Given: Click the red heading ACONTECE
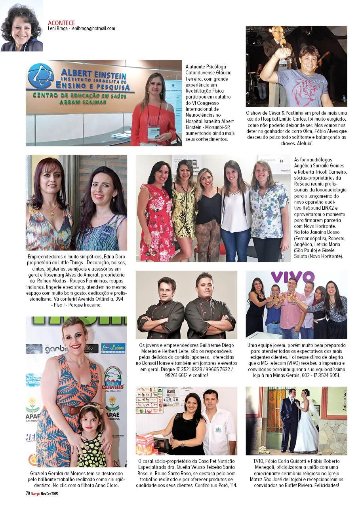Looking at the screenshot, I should click(x=61, y=23).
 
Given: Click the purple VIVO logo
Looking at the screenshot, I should click(x=292, y=276).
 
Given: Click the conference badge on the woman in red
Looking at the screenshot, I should click(x=153, y=132).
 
